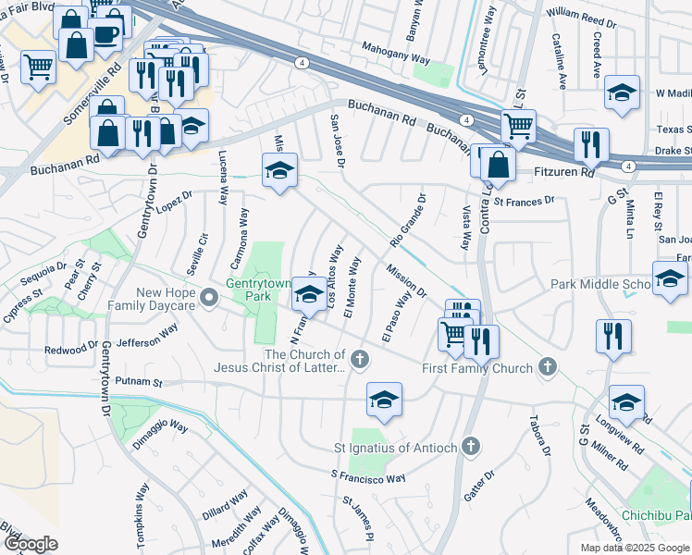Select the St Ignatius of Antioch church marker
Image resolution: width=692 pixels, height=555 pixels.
471,448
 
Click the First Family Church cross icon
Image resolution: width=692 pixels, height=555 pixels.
547,367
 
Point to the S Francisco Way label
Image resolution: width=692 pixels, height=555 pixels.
368,477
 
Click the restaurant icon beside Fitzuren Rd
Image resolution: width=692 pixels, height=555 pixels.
590,143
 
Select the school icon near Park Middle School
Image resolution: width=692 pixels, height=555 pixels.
669,277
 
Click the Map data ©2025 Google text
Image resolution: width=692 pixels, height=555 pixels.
635,548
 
